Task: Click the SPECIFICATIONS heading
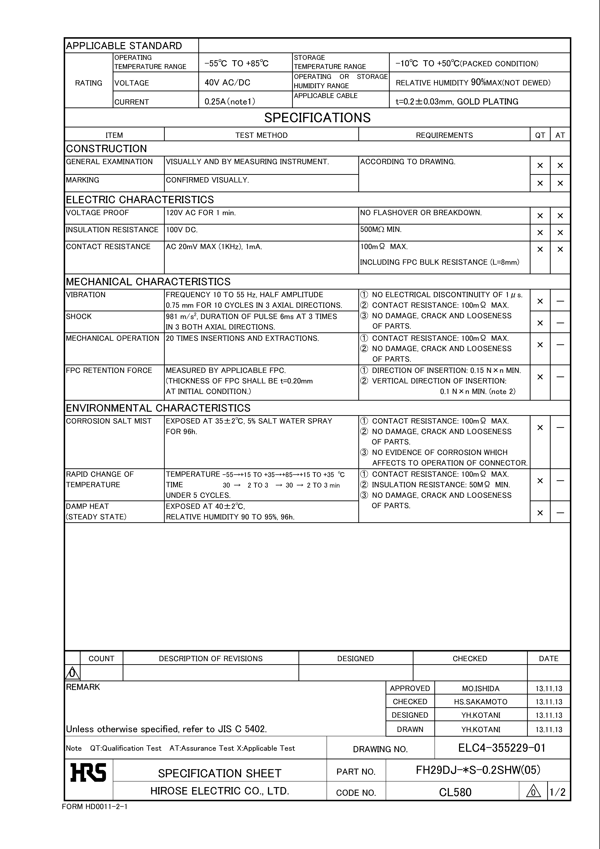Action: pos(317,118)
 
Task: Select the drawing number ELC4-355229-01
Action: pos(502,748)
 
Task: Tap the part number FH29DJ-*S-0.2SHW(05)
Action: pos(478,770)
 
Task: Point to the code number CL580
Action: pos(455,792)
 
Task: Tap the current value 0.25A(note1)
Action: pos(230,101)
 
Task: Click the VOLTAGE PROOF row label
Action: pos(97,213)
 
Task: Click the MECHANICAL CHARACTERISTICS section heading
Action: pos(148,282)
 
